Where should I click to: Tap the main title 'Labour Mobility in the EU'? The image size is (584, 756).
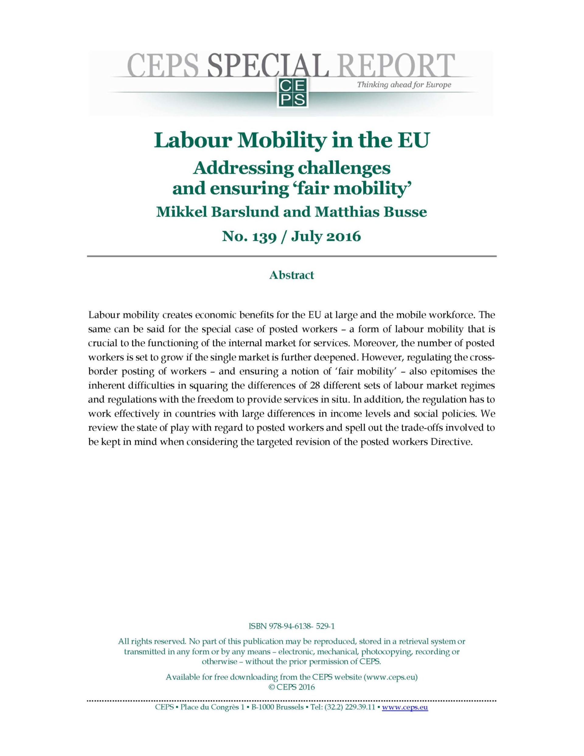(x=291, y=140)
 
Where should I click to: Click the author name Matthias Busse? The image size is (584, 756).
(x=370, y=211)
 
